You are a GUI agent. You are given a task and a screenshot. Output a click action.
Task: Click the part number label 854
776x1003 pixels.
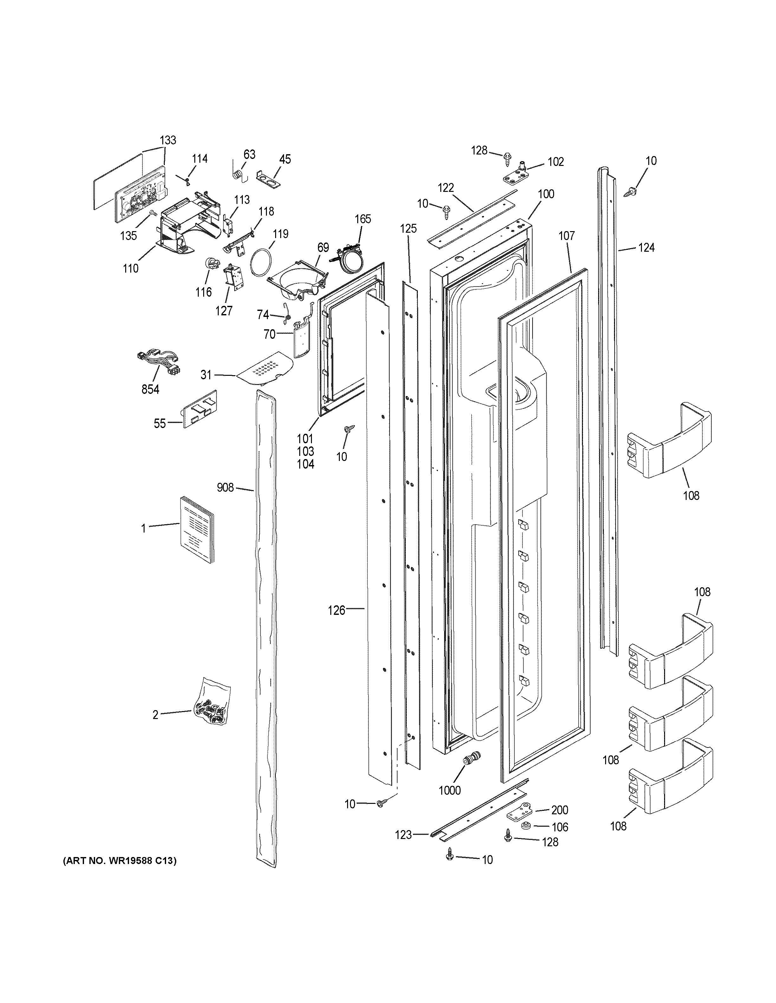tap(150, 389)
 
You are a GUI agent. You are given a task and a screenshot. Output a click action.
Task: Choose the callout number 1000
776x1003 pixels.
tap(449, 790)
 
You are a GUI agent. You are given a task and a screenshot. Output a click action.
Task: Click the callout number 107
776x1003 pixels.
tap(566, 236)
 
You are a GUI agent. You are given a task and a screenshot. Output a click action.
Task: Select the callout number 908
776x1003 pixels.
tap(225, 487)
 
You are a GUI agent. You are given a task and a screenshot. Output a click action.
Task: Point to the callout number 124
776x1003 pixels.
tap(646, 248)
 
